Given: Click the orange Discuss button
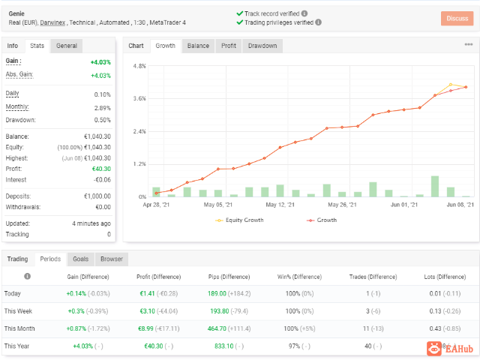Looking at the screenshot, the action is click(x=457, y=18).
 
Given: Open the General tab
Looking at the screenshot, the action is click(x=67, y=46).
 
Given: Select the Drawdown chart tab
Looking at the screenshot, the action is click(x=262, y=46).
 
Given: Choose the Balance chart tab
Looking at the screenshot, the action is click(x=198, y=46).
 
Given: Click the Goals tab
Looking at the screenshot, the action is click(x=81, y=259).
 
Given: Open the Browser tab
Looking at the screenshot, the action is click(x=112, y=259).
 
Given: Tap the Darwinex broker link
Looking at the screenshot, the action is click(x=52, y=22).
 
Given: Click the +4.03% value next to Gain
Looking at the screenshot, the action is click(x=100, y=62).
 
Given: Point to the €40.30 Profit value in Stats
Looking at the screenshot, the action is click(x=102, y=169).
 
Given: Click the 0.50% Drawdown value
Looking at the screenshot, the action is click(x=103, y=120).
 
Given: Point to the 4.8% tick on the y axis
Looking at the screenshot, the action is click(x=139, y=66).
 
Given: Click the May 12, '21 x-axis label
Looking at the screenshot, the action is click(x=280, y=205).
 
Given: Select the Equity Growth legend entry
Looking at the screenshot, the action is click(x=239, y=220).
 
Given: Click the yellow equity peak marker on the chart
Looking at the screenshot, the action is click(x=451, y=85).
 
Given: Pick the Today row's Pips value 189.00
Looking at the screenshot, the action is click(x=217, y=293).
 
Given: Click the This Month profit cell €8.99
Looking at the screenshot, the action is click(x=145, y=328).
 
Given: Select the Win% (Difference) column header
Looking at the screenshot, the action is click(x=299, y=277).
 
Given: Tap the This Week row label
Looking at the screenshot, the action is click(x=18, y=311).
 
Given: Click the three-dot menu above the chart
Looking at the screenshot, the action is click(x=469, y=45).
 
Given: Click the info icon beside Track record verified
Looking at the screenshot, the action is click(x=304, y=13).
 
